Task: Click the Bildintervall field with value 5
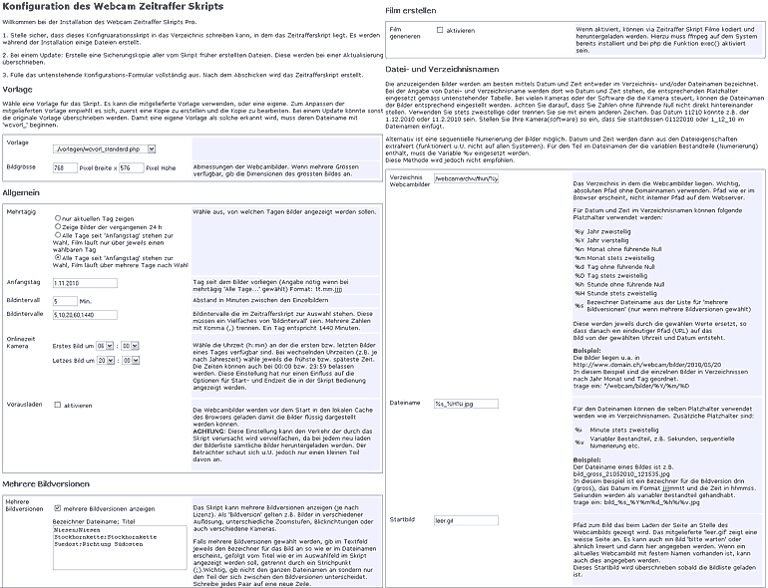pyautogui.click(x=63, y=300)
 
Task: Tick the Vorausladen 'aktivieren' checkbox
pyautogui.click(x=57, y=406)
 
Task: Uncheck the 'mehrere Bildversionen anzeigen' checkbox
pyautogui.click(x=57, y=507)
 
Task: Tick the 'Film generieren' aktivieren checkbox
pyautogui.click(x=440, y=31)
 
